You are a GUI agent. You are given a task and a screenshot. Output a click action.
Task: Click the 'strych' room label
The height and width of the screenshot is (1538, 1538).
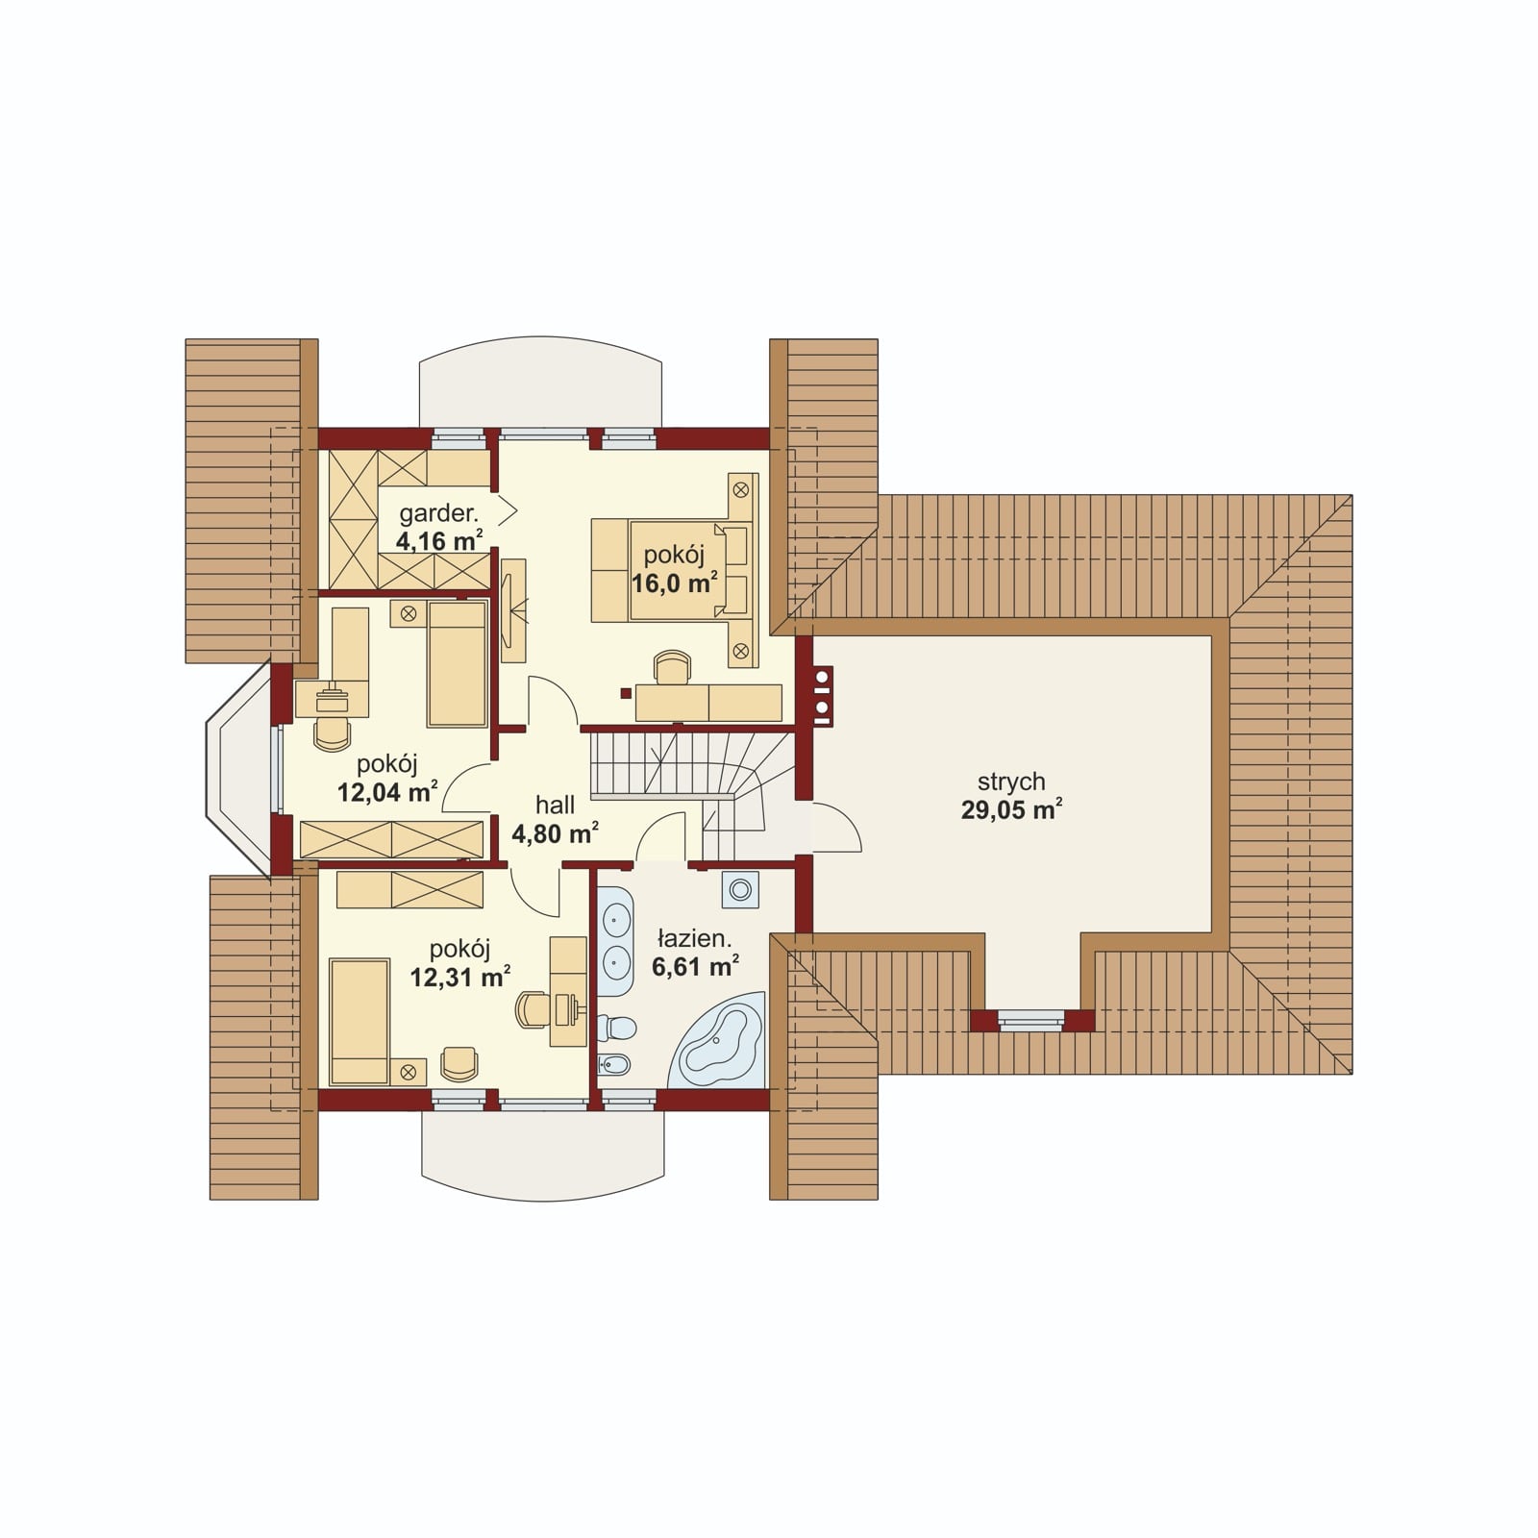pos(1011,781)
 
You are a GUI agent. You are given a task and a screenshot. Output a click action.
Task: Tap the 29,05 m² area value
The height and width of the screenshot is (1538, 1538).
pos(1011,809)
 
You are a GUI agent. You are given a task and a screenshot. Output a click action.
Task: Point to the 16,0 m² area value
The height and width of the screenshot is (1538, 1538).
pos(675,583)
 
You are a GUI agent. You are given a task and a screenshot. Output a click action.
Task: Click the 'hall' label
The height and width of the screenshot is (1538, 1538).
pos(556,805)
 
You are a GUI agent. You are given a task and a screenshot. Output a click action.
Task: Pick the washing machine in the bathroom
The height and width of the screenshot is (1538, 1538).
pos(740,890)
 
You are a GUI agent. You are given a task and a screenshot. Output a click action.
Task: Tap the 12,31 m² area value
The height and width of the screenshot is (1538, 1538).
pos(459,977)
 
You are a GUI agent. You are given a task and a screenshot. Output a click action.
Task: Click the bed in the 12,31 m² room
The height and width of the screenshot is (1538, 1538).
pos(360,1021)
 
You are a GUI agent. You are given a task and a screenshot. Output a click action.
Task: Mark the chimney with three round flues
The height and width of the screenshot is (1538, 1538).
pos(823,694)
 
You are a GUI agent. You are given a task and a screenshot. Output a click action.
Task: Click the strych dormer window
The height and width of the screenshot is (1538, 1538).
pos(1032,1020)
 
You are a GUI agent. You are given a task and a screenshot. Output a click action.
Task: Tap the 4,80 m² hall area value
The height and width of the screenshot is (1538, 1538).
pos(555,832)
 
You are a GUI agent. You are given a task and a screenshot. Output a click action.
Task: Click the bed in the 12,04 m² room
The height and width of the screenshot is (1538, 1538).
pos(457,664)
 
